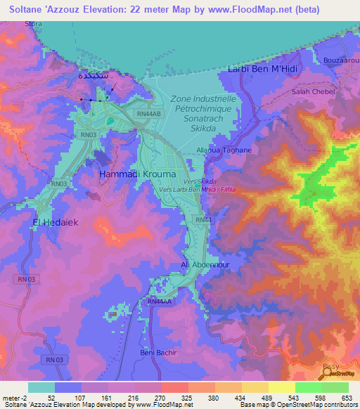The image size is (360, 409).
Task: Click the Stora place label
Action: click(33, 23)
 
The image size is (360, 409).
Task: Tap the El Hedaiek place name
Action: click(53, 223)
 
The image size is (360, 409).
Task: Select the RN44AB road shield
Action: click(149, 113)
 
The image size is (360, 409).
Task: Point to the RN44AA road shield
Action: click(160, 301)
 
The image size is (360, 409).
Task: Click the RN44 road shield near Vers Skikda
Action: click(203, 220)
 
